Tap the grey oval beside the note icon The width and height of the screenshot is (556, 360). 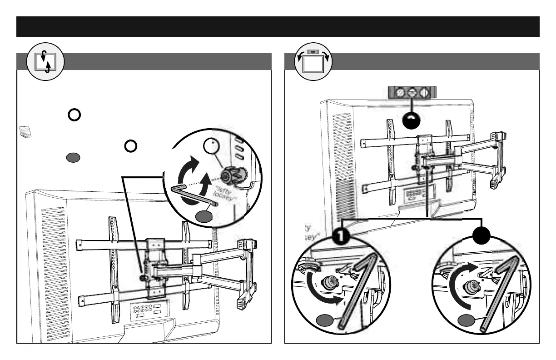(74, 158)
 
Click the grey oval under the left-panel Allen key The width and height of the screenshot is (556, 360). (205, 217)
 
